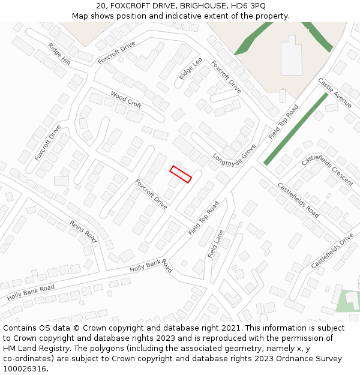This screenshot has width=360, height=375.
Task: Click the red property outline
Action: coord(181,174)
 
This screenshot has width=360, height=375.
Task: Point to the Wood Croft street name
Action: coord(126,99)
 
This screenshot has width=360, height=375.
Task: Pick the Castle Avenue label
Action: coord(335,92)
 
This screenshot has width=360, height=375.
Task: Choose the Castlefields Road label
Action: coord(298,199)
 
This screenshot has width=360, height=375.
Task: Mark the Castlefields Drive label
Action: coord(332,251)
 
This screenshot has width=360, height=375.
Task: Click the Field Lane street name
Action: coord(215,244)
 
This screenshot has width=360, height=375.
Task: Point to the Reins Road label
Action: coord(83,231)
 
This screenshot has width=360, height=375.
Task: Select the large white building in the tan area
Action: coord(292,56)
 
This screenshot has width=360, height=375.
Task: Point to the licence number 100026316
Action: coord(25,368)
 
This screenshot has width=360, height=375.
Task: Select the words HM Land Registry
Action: coord(32,349)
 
